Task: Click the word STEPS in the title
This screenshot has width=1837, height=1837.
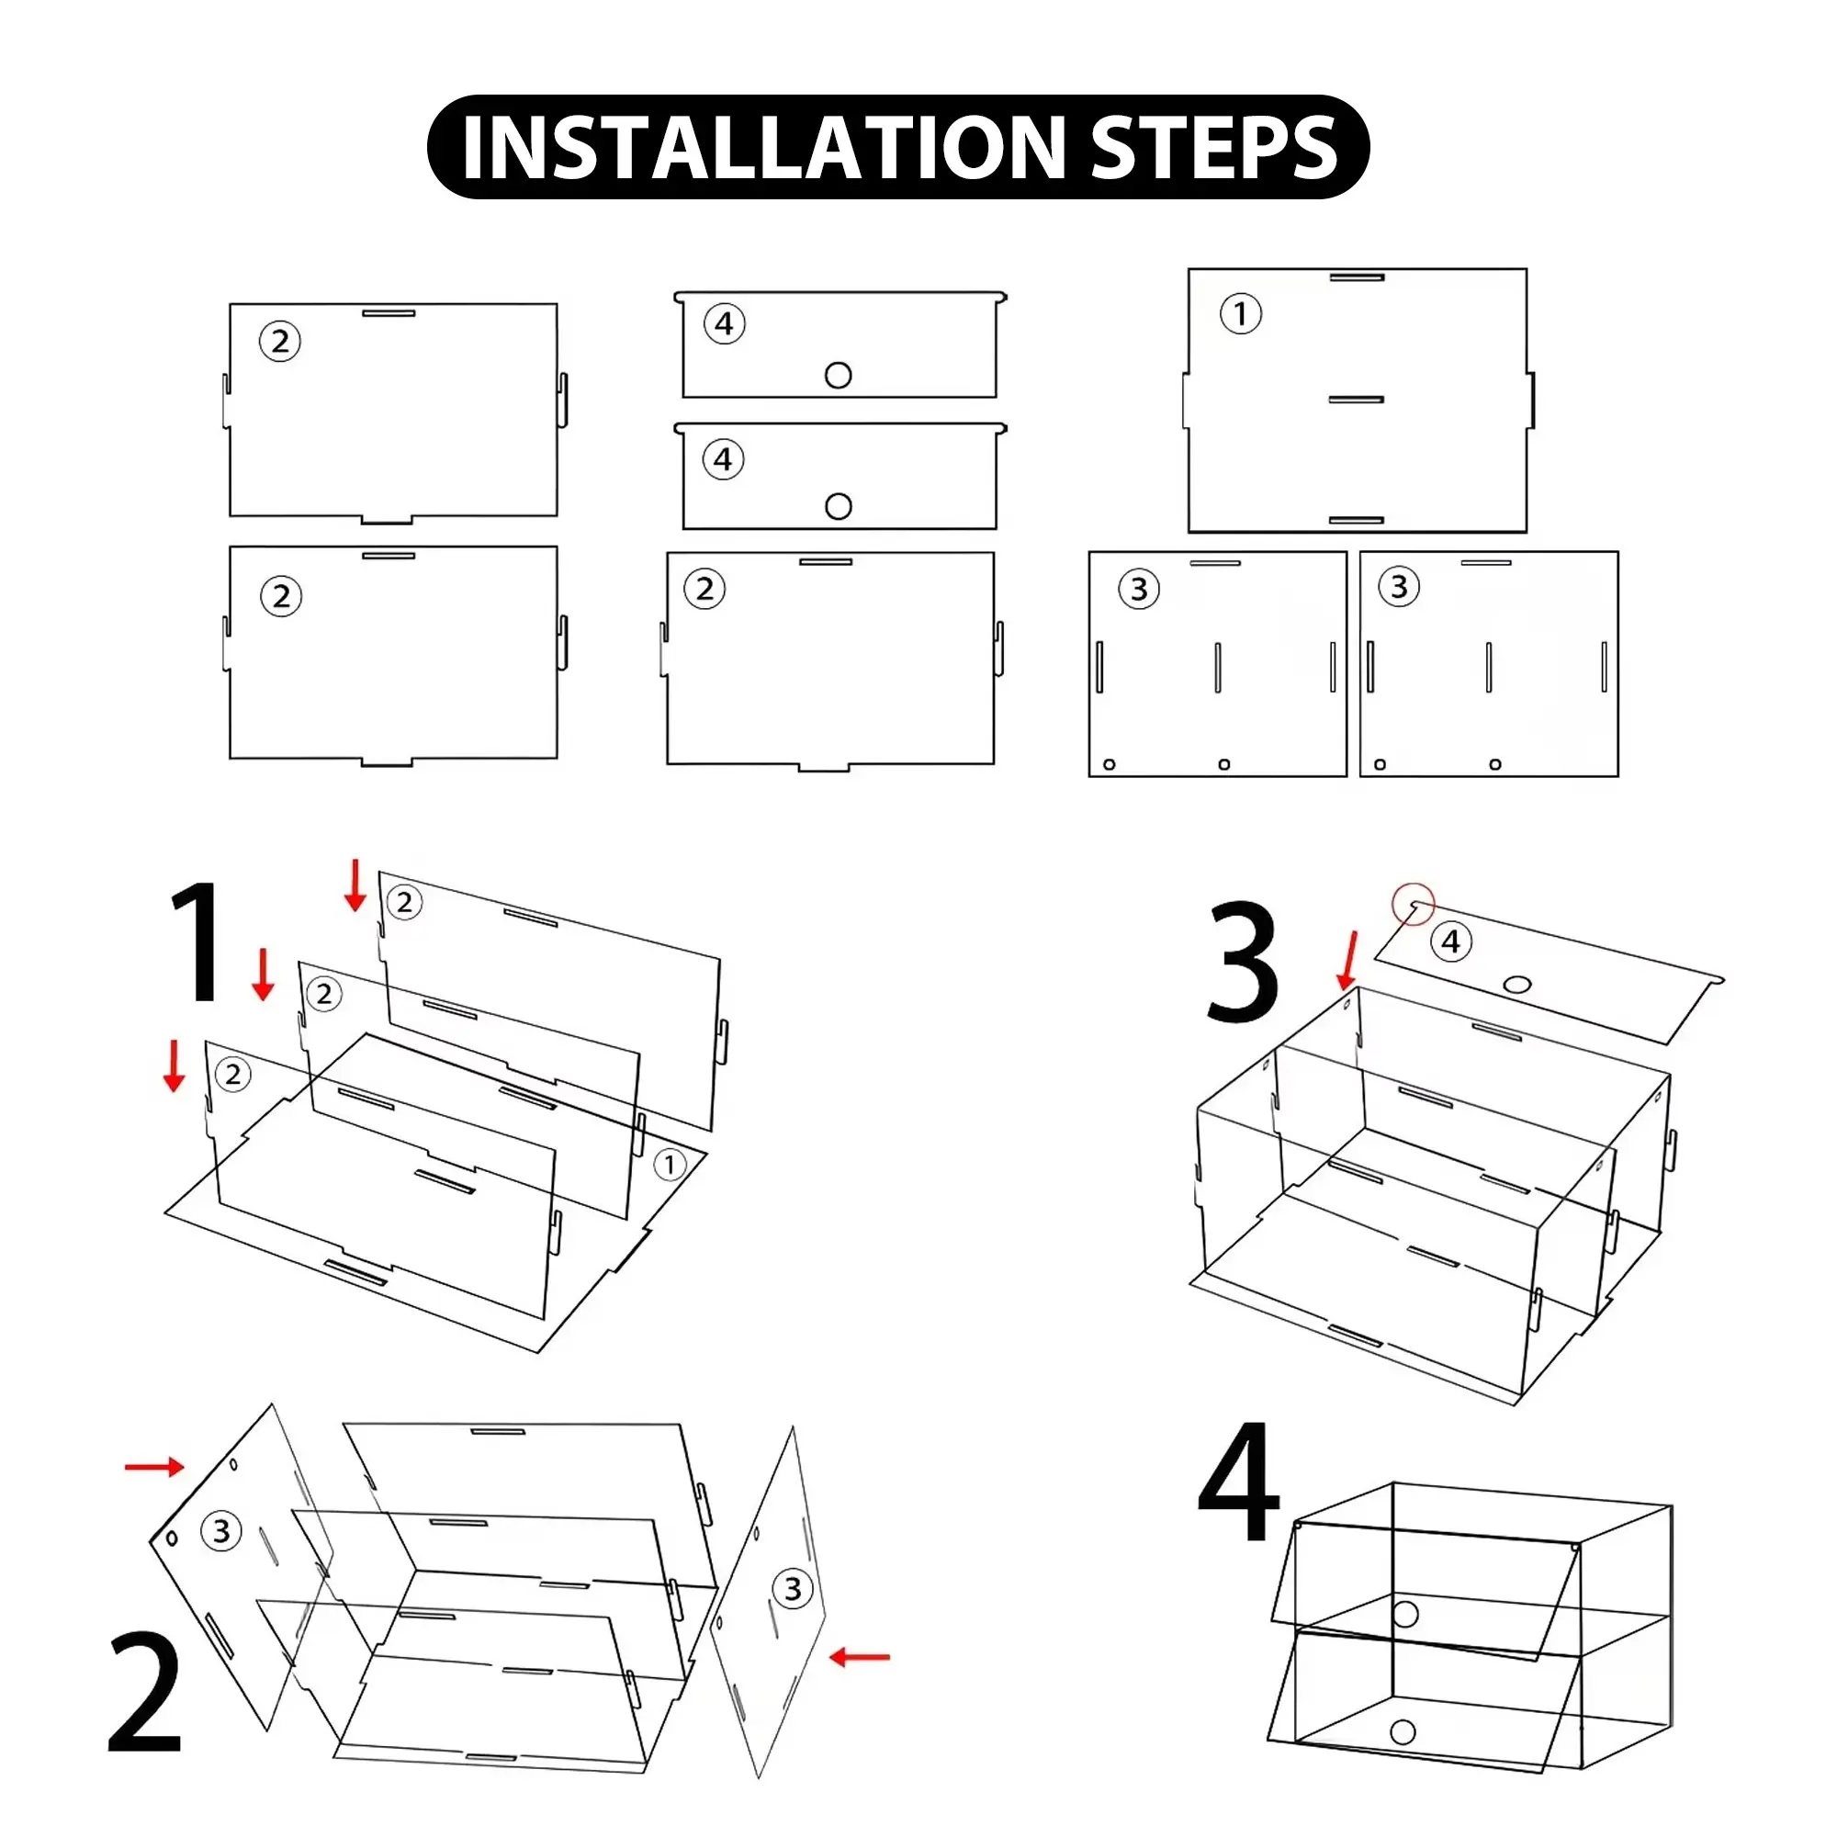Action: point(1214,147)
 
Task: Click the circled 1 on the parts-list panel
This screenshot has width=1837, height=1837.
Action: point(1241,314)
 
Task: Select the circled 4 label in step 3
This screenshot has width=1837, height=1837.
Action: point(1451,941)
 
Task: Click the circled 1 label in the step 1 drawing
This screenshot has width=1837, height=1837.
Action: point(671,1165)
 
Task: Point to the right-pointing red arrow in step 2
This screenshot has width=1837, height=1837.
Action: point(154,1467)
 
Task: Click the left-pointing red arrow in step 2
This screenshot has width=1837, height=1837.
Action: point(860,1657)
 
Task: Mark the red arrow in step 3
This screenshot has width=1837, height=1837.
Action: point(1348,962)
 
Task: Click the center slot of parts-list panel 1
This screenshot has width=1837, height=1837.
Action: point(1356,400)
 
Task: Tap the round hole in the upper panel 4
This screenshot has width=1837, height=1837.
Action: point(839,376)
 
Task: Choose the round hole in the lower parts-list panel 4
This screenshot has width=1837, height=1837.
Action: point(839,507)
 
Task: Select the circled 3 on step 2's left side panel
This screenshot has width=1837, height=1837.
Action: point(221,1531)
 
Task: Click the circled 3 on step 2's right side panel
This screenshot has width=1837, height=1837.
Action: point(793,1589)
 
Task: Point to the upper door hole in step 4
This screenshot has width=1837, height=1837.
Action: point(1405,1614)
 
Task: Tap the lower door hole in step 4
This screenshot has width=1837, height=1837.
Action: point(1403,1730)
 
